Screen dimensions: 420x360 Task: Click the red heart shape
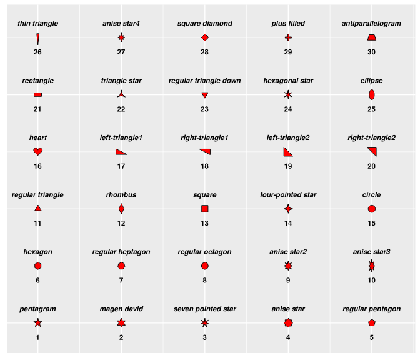pos(37,151)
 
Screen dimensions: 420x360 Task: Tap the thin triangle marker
pos(37,39)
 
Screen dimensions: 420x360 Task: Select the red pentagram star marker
pos(37,322)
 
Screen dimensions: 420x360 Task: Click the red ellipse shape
pos(371,94)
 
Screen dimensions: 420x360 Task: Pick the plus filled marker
pos(288,37)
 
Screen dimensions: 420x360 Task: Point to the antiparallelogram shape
pos(371,37)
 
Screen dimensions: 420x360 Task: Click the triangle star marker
pos(121,94)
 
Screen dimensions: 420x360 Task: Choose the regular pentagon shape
pos(371,322)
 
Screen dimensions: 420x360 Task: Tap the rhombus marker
pos(121,209)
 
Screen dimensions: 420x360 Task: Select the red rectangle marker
pos(37,94)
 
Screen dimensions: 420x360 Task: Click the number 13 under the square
pos(204,223)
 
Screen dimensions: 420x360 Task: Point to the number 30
pos(371,52)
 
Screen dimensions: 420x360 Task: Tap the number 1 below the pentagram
pos(37,337)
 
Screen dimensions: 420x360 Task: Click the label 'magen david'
pos(121,309)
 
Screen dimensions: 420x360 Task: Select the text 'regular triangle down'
pos(204,81)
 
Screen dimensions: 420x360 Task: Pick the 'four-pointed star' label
pos(288,195)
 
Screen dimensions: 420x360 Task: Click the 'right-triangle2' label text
pos(371,137)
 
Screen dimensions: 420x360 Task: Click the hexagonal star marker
pos(288,94)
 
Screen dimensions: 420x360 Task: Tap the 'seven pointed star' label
pos(204,309)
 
